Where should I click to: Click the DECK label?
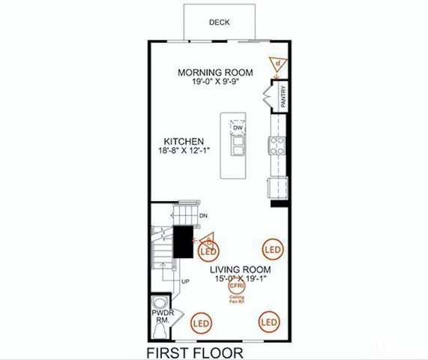[220, 22]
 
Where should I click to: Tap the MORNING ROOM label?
[215, 72]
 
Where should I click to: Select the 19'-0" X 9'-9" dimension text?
[215, 81]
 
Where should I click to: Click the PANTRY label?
[283, 99]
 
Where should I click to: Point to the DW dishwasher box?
[237, 128]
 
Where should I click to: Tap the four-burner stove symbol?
[277, 145]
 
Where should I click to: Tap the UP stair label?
[186, 281]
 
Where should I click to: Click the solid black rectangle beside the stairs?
[183, 241]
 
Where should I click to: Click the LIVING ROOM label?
[240, 269]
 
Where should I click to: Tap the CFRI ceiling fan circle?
[237, 286]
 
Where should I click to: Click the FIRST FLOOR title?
[194, 351]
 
